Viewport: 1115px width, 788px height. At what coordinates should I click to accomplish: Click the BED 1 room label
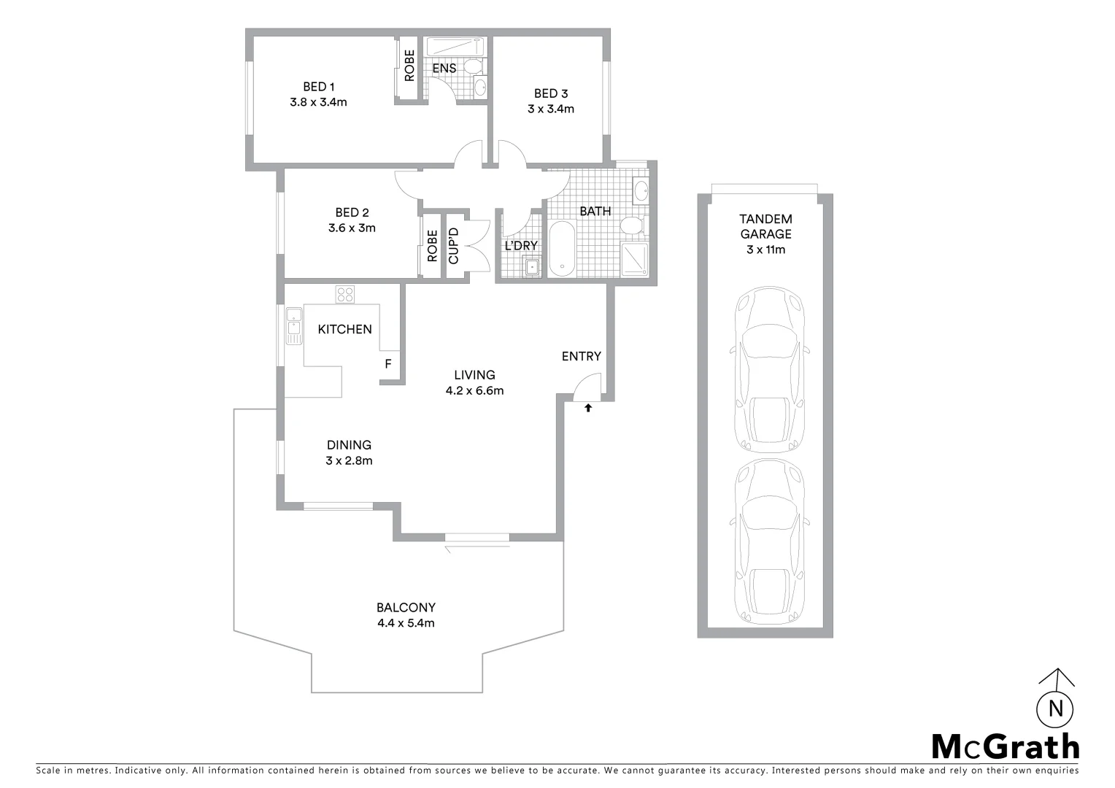[317, 87]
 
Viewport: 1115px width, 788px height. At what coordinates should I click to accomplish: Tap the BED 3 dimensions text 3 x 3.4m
[551, 109]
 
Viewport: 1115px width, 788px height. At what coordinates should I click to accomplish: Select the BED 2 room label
[352, 212]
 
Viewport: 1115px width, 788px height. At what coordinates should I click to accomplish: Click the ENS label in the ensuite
[444, 69]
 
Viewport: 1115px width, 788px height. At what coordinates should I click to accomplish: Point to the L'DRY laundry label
[521, 246]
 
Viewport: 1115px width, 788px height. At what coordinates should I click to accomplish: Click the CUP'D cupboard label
[453, 247]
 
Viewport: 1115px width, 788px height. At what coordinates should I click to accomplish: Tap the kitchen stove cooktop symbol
[345, 295]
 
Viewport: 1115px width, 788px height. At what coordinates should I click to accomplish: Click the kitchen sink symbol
[294, 326]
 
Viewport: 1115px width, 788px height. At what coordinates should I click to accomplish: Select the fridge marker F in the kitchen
[387, 363]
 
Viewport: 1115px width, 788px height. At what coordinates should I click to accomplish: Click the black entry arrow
[587, 408]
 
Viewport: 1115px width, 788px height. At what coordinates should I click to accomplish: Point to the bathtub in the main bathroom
[562, 250]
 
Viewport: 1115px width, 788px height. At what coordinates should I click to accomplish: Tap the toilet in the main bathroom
[631, 225]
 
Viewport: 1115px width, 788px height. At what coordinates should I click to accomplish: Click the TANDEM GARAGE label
[765, 226]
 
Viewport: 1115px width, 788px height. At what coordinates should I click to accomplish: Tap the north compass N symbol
[1054, 708]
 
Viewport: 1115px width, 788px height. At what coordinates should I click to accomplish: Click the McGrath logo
[1006, 746]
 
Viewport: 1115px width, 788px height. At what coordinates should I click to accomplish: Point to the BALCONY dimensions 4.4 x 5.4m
[406, 623]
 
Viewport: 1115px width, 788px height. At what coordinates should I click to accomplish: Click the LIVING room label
[474, 375]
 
